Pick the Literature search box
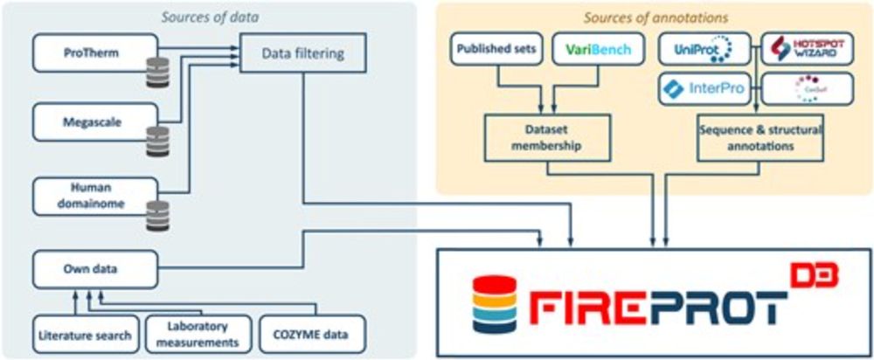(x=86, y=335)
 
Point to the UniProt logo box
(x=704, y=50)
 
